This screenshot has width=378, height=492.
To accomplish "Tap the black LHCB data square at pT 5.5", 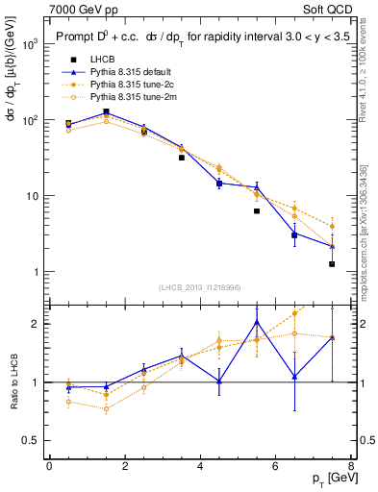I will click(257, 211).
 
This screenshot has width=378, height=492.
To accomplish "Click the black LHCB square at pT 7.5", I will click(332, 264).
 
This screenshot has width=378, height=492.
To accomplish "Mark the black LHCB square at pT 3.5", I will click(181, 158).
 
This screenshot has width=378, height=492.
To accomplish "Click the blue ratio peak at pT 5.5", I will click(257, 322).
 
